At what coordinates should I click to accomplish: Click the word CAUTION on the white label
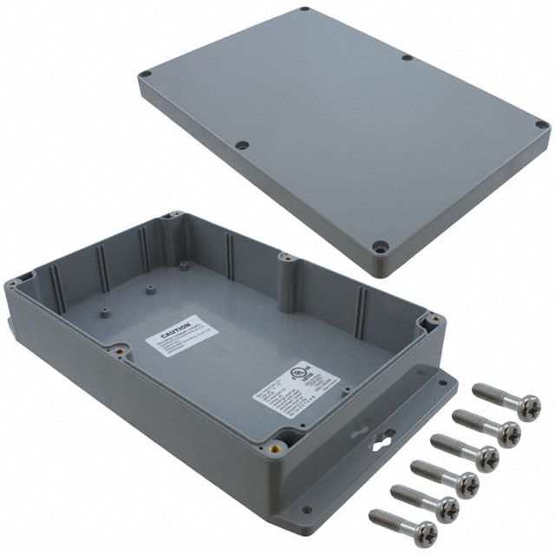173,332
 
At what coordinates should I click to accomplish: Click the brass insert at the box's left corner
19,281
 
